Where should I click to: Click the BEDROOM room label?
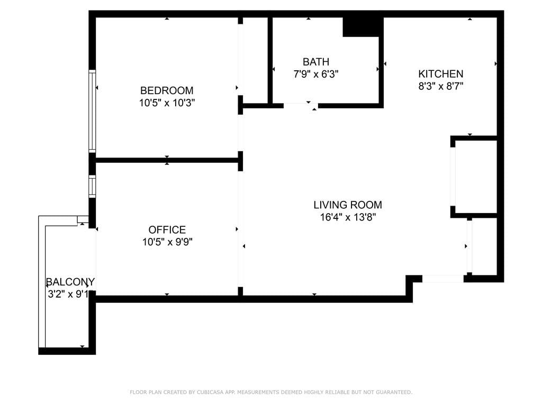coord(167,90)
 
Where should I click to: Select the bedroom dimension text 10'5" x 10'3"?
coord(167,103)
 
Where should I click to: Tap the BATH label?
coord(316,62)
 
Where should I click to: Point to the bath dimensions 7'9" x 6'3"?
coord(316,75)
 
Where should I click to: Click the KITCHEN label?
coord(441,74)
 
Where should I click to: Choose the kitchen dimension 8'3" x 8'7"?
coord(441,87)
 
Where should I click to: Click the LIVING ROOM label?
coord(348,205)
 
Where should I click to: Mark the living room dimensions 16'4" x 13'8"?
coord(348,217)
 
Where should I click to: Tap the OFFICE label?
coord(167,230)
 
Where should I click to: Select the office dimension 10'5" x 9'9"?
coord(167,243)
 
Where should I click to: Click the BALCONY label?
coord(70,282)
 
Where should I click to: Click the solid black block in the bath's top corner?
coord(363,27)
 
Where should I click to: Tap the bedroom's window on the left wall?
coord(92,111)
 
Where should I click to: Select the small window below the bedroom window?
coord(92,187)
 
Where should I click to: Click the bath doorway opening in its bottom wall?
coord(301,106)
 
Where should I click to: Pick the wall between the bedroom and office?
coord(167,160)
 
